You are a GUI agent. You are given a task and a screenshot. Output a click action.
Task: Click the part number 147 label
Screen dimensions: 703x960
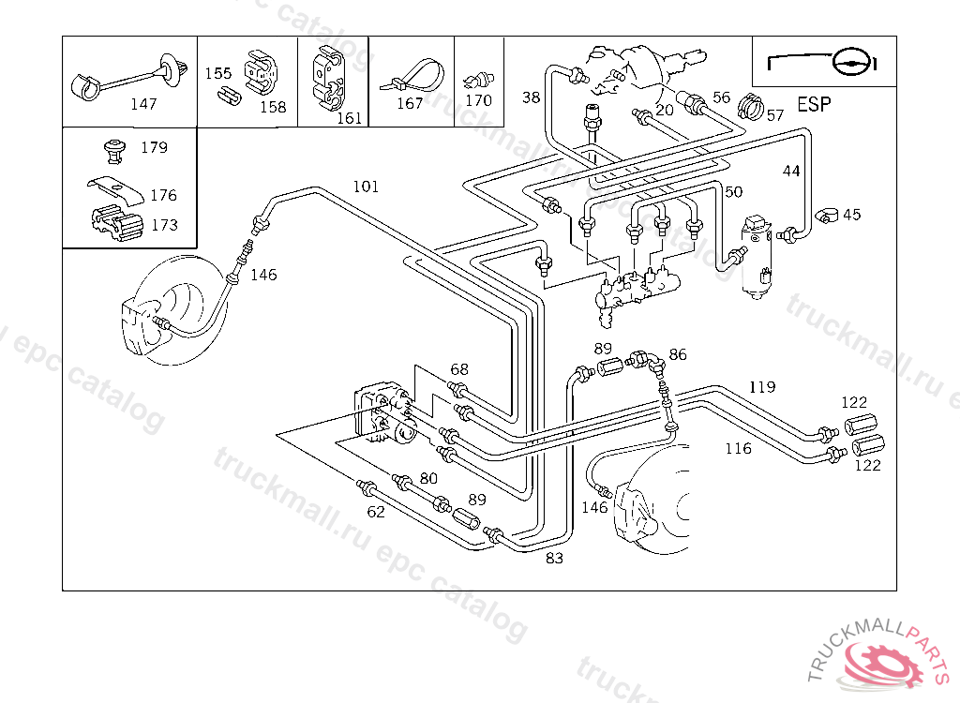point(143,104)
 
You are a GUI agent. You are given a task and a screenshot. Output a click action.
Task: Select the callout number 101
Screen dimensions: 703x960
point(366,187)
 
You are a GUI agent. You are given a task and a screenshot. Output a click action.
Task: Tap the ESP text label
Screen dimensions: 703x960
point(813,104)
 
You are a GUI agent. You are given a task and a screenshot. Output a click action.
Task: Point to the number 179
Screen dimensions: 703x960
point(154,147)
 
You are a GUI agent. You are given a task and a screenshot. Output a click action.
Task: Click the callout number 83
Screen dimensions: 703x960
point(555,559)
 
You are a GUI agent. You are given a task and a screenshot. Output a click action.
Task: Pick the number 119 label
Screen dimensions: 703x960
point(762,386)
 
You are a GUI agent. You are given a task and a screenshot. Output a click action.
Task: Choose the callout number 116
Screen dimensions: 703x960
point(738,448)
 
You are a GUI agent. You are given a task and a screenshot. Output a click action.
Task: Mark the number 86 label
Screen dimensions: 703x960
point(678,354)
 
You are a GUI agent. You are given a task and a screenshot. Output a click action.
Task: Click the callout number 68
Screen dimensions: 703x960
point(458,369)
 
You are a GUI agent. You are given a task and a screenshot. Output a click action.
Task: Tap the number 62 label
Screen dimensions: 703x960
point(376,512)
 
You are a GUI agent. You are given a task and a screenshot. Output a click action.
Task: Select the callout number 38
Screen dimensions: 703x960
point(532,97)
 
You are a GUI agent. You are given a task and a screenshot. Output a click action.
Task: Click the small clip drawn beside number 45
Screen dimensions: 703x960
point(826,215)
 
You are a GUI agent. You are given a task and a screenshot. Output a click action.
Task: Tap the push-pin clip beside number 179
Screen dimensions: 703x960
point(114,147)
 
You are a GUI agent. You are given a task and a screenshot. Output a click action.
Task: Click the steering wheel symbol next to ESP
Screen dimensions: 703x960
point(851,62)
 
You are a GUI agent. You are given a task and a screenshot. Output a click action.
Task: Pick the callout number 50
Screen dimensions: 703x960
point(733,192)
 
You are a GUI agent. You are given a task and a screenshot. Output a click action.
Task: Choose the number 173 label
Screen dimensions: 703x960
point(164,225)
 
